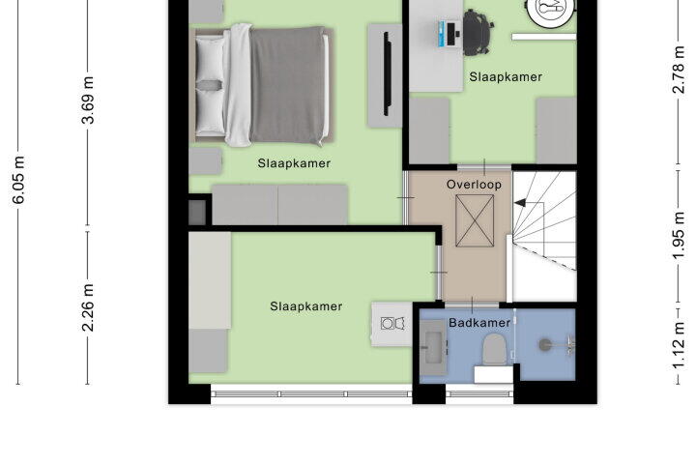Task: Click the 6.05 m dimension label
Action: (x=18, y=180)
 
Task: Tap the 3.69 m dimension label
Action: (x=88, y=100)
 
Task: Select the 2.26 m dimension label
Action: (x=88, y=307)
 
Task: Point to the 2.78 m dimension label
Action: (x=679, y=70)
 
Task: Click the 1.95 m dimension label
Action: (x=679, y=236)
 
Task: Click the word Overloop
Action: (x=474, y=185)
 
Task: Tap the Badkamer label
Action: (x=479, y=322)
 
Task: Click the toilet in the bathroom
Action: (x=494, y=349)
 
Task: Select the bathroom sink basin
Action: (x=434, y=348)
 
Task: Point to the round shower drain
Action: (x=544, y=344)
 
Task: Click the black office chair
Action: (x=478, y=32)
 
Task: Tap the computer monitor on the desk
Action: (x=451, y=34)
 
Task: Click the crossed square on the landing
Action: (x=475, y=220)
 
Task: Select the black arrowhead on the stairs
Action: (x=520, y=203)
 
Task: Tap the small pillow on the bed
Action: (x=209, y=85)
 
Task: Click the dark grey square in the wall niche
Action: (x=197, y=213)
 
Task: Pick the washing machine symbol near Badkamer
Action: (x=392, y=323)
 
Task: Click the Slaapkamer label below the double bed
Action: (x=294, y=163)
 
